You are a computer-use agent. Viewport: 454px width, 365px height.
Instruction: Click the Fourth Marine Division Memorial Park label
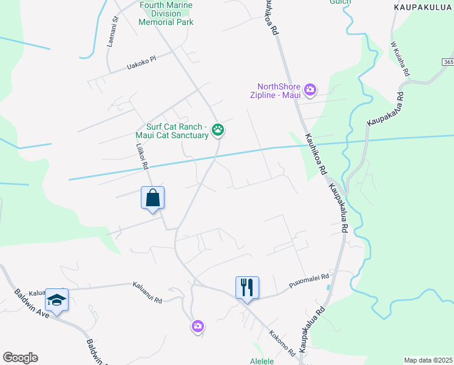[x=166, y=13]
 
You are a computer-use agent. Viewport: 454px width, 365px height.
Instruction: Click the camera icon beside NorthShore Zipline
[x=310, y=90]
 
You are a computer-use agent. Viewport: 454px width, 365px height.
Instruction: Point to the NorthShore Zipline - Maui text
[x=279, y=90]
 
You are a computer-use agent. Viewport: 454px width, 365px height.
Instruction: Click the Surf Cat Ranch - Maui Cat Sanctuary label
[x=173, y=131]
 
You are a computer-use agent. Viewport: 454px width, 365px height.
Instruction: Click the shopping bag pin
[x=152, y=198]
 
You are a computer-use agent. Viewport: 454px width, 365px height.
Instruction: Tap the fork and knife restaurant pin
[x=247, y=287]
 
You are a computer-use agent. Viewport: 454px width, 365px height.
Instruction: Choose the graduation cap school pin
[x=56, y=300]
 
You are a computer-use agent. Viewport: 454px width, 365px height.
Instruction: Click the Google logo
[x=20, y=357]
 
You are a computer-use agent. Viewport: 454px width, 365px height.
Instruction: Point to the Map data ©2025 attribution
[x=428, y=360]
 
